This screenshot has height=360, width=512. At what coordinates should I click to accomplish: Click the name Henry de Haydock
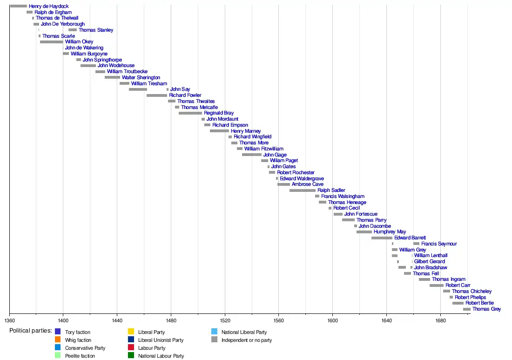tap(48, 6)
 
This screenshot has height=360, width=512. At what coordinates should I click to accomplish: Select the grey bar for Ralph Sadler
tap(302, 190)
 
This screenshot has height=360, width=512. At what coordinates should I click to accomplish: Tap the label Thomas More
tap(254, 143)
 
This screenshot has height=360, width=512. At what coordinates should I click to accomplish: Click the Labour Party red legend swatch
tap(130, 348)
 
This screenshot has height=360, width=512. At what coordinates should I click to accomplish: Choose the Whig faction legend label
tap(78, 340)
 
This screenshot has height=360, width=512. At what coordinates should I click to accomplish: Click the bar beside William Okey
tap(51, 42)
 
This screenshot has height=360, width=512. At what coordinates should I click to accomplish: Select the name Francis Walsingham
tap(343, 196)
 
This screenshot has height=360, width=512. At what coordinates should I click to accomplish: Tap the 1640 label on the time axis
tap(386, 320)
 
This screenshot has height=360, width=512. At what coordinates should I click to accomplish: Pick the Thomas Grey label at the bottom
tap(486, 309)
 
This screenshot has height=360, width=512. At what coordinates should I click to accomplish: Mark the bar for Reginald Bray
tap(190, 113)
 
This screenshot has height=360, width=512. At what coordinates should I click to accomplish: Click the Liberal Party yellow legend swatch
tap(130, 332)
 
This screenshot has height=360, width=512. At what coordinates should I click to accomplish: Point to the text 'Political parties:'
tap(31, 331)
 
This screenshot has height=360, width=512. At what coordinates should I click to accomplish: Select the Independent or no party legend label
tap(247, 340)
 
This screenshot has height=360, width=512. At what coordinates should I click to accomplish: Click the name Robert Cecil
tap(346, 208)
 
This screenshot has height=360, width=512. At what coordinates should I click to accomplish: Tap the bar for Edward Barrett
tap(382, 238)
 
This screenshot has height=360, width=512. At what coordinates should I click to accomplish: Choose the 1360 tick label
tap(9, 320)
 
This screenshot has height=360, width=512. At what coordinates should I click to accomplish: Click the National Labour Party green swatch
tap(130, 356)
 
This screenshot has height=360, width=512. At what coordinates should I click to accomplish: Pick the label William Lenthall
tap(431, 256)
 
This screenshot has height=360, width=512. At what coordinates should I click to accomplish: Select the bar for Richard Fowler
tap(156, 95)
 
